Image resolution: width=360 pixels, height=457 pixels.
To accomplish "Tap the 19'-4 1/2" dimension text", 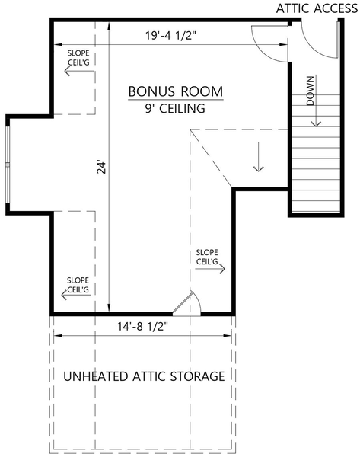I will [x=174, y=34].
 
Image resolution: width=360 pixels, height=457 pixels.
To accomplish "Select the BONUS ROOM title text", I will [x=175, y=91].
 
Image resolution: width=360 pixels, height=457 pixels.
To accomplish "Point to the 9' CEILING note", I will [x=175, y=108].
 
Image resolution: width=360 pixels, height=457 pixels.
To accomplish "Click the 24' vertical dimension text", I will [x=100, y=167].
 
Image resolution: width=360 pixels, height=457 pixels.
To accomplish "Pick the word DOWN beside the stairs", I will [x=311, y=91].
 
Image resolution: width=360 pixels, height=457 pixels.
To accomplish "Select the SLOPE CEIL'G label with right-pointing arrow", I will [x=207, y=257].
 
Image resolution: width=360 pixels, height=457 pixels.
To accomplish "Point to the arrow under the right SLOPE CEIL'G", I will [x=208, y=269].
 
